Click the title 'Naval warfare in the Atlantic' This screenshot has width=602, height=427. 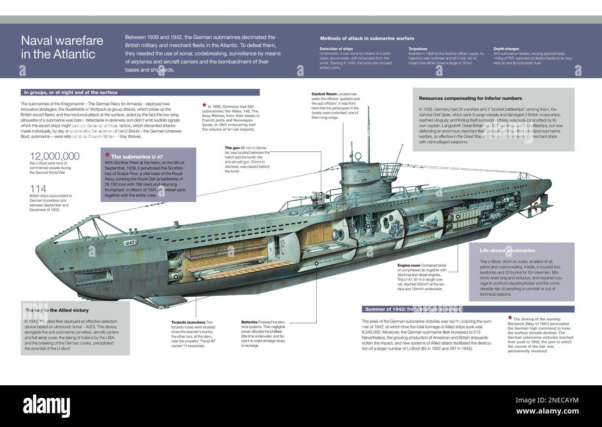pyautogui.click(x=62, y=47)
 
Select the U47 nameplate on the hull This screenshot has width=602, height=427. pyautogui.click(x=131, y=243)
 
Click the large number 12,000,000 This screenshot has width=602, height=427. pyautogui.click(x=55, y=157)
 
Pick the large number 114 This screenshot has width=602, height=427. pyautogui.click(x=38, y=189)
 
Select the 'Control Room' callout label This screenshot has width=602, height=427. pyautogui.click(x=324, y=94)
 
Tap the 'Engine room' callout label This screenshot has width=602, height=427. pyautogui.click(x=409, y=266)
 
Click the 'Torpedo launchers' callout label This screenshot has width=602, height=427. pyautogui.click(x=188, y=322)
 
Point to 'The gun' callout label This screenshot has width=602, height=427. pyautogui.click(x=232, y=148)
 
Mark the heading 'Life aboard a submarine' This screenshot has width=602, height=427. pyautogui.click(x=508, y=251)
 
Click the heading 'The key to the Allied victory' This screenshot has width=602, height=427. pyautogui.click(x=56, y=310)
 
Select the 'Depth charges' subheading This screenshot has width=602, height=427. pyautogui.click(x=506, y=49)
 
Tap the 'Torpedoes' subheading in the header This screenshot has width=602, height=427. pyautogui.click(x=418, y=49)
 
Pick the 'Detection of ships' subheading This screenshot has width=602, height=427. pyautogui.click(x=336, y=49)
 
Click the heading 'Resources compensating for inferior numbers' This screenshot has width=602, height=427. pyautogui.click(x=470, y=98)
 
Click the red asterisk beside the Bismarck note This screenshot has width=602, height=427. pyautogui.click(x=510, y=318)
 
